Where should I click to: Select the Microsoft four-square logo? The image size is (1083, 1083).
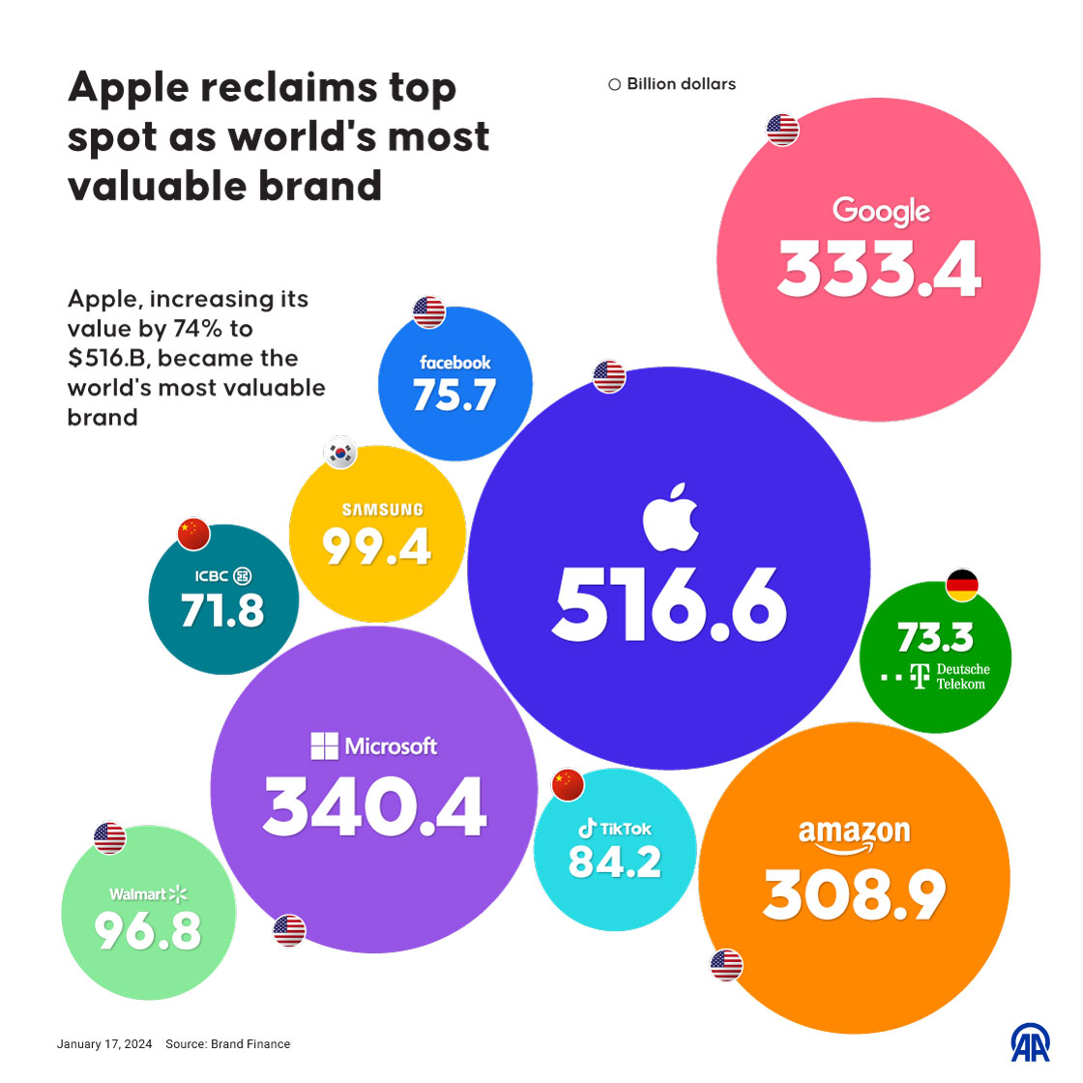[324, 746]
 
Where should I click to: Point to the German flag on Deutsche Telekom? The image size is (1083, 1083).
[962, 585]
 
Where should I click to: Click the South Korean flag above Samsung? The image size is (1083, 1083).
[340, 453]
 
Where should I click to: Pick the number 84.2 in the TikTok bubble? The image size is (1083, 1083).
[615, 862]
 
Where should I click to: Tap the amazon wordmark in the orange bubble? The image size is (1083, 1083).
[855, 834]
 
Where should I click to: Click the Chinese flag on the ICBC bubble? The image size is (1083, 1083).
[193, 531]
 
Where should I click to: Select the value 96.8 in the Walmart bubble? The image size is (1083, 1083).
[148, 931]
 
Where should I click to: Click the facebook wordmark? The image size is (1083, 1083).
[455, 363]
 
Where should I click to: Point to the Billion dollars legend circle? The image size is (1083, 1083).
[615, 85]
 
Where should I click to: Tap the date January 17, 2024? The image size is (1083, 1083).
[104, 1044]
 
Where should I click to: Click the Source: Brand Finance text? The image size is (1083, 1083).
[228, 1044]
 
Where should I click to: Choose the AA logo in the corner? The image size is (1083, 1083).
[1030, 1042]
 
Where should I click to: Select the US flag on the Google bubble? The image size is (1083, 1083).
[782, 129]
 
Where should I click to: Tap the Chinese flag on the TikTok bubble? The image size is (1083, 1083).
[568, 785]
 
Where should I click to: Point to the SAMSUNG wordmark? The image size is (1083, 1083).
[382, 510]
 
